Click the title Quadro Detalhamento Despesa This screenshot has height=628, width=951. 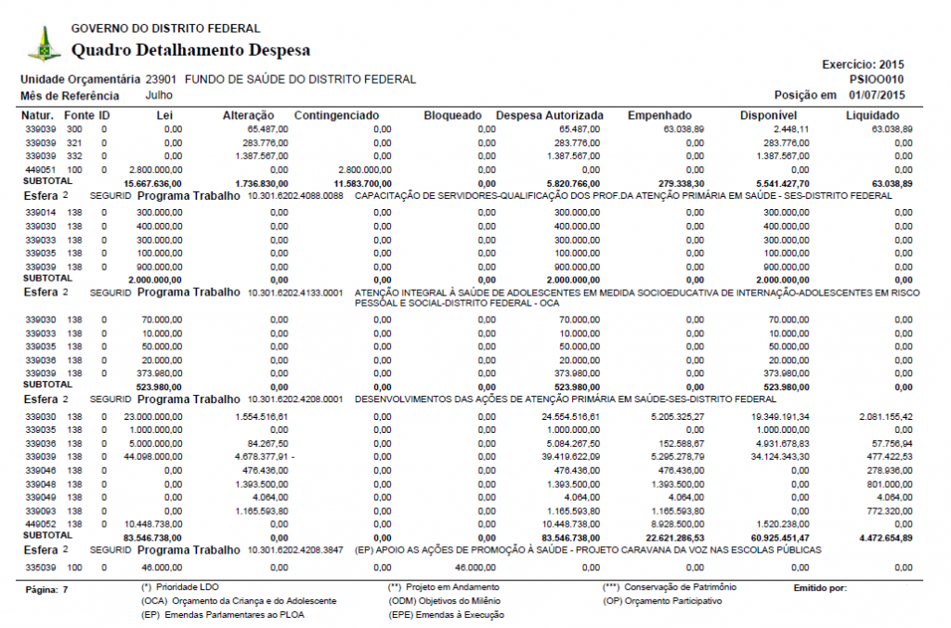190,50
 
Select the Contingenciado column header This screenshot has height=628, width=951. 336,115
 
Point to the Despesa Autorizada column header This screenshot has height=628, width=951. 550,115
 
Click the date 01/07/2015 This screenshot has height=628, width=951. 876,95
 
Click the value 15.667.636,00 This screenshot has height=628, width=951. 152,184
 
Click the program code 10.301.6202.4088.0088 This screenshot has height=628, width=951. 295,197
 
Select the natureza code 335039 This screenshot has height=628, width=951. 41,567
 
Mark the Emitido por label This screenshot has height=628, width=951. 821,588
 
